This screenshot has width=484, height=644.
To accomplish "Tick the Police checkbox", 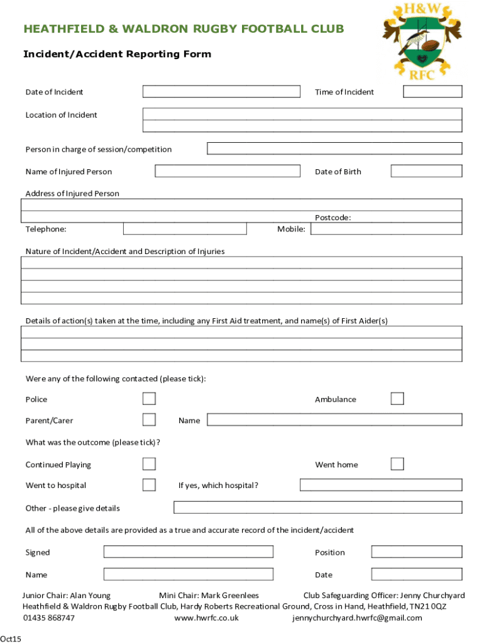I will (149, 399).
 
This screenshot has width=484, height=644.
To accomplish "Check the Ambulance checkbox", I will (397, 399).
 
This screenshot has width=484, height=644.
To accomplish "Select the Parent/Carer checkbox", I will (149, 419).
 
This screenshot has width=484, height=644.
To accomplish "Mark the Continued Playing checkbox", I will (149, 464).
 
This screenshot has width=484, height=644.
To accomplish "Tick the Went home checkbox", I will (397, 464).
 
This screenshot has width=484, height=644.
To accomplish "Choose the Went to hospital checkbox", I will (149, 485).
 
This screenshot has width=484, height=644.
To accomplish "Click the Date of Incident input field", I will (221, 92).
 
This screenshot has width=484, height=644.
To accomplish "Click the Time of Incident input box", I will (432, 92).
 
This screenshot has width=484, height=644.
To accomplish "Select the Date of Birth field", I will (426, 171).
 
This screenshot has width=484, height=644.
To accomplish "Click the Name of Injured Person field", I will (228, 171).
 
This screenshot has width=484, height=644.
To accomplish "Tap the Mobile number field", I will (387, 229).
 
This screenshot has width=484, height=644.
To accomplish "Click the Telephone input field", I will (185, 229).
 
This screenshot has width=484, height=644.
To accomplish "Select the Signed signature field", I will (189, 552).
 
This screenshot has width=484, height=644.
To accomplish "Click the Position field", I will (417, 552).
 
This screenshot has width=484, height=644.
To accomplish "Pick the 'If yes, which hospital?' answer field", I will (381, 485).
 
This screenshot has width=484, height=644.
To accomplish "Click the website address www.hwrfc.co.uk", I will (206, 618).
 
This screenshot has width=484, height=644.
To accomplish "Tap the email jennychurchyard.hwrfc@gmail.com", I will (357, 618).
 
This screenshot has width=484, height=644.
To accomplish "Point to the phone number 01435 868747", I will (49, 618).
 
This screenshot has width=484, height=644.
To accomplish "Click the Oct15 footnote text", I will (11, 639).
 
